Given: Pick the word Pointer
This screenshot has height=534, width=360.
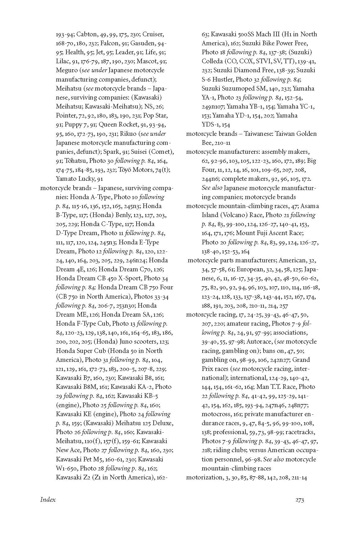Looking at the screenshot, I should point(66,115).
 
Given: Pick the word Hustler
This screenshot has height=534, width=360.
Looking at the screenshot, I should point(223,79).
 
